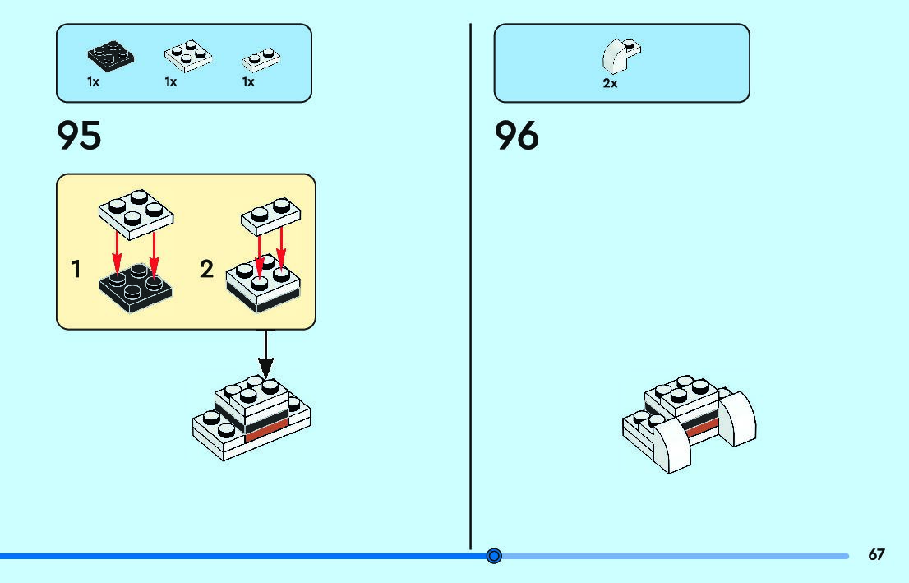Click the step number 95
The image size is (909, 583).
tap(79, 136)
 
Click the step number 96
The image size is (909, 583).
tap(516, 136)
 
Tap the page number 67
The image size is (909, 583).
tap(876, 555)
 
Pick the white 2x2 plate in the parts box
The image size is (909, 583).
tap(188, 56)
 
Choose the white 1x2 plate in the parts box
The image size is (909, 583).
tap(261, 59)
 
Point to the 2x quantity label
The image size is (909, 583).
tap(610, 84)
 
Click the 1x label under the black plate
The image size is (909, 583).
tap(94, 82)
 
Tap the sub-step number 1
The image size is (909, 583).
tap(76, 269)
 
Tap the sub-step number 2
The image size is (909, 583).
tap(206, 269)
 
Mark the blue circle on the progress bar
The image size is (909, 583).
tap(494, 556)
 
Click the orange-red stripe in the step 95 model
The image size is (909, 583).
tap(265, 428)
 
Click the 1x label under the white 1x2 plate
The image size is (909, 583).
tap(248, 82)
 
